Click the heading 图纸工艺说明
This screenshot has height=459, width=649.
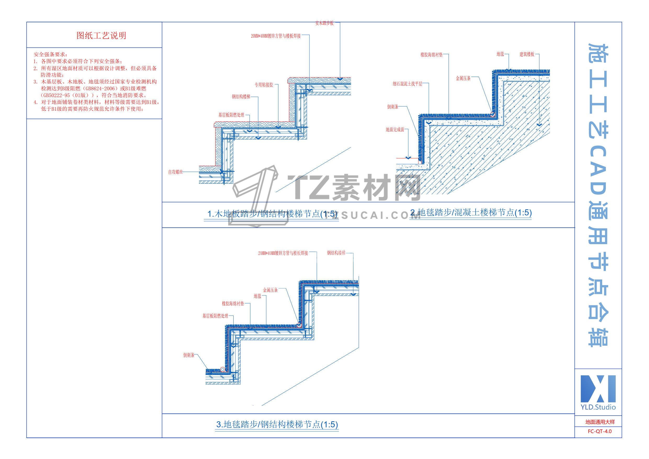(x=101, y=36)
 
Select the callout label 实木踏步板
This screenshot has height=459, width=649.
(x=324, y=23)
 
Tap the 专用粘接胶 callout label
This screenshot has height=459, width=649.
(x=264, y=85)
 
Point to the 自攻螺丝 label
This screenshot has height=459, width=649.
(x=175, y=172)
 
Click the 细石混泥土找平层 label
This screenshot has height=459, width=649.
(x=407, y=84)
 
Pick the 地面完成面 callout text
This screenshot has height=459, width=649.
(x=395, y=130)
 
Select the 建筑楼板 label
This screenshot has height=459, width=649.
(x=527, y=54)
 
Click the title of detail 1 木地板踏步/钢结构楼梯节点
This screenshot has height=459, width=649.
(x=272, y=214)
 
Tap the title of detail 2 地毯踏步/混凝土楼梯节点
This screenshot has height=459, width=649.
(x=471, y=213)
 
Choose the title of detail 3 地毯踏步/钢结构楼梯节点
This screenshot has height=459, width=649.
(x=277, y=424)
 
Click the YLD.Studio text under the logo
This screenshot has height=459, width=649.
(x=598, y=407)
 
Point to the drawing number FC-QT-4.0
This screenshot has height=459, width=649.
(x=600, y=432)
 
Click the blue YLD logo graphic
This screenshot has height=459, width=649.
(x=598, y=389)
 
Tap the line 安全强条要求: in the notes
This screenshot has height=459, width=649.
(x=50, y=54)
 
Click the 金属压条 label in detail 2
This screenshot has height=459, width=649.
(x=463, y=78)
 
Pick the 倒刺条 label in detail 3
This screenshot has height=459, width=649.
(x=189, y=355)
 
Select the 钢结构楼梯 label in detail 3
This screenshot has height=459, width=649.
(x=336, y=253)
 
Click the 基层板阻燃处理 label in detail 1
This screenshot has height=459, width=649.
(x=231, y=115)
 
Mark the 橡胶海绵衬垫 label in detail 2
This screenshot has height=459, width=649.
(x=431, y=55)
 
